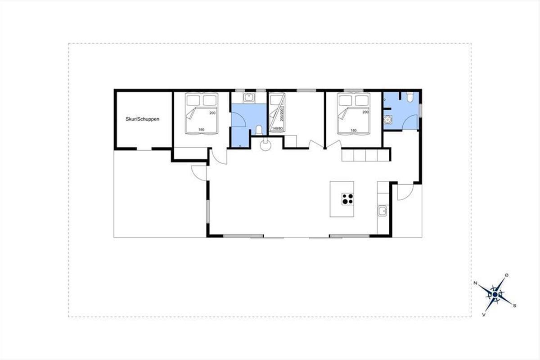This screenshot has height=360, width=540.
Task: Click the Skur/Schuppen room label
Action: pos(143,119)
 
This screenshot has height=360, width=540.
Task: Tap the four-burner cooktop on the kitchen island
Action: pos(347,199)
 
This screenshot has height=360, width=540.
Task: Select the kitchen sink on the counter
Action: pos(382,211)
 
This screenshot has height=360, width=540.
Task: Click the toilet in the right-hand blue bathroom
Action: pos(410,97)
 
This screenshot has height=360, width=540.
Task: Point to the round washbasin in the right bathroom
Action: pos(387,120)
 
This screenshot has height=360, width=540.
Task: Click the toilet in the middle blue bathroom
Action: pos(259,130)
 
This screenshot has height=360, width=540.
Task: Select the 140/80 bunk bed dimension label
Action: pos(277,129)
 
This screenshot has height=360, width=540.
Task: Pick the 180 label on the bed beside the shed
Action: pos(201,130)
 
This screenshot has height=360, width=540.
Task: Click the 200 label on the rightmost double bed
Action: pos(365,112)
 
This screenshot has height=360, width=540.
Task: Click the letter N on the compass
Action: pos(476,283)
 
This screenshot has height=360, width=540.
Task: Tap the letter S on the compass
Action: pos(514,306)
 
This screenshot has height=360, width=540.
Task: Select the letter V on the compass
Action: pos(484,315)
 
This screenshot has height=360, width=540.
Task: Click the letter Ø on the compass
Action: pos(507,275)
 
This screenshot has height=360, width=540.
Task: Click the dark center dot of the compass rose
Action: pos(495,294)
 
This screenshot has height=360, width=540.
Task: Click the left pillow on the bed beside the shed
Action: pos(193,100)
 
